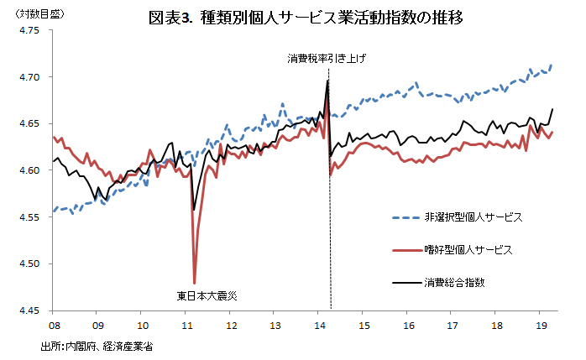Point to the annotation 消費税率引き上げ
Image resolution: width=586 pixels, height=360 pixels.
pos(327,59)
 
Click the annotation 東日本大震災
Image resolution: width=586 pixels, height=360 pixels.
pos(207,295)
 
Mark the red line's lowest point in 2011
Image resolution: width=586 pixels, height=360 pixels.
pos(195,284)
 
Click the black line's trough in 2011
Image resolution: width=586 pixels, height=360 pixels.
pos(194,210)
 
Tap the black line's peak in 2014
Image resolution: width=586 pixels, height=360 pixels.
pos(327,81)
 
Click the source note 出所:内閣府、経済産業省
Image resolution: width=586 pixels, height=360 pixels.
pos(96,345)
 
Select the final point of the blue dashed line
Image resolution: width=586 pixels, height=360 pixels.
pos(552,65)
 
